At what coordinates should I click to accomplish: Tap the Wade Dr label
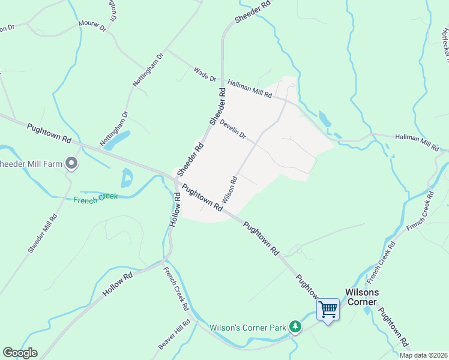(205, 74)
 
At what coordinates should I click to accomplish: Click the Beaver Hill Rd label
(174, 335)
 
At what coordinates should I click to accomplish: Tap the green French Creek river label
(95, 199)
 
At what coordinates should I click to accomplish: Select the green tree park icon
(295, 326)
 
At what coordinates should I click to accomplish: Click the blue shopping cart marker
(328, 310)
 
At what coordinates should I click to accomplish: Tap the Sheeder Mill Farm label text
(31, 164)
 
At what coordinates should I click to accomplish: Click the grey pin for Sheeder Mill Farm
(72, 163)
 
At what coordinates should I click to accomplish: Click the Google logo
(20, 353)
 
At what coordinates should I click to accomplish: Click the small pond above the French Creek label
(127, 178)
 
